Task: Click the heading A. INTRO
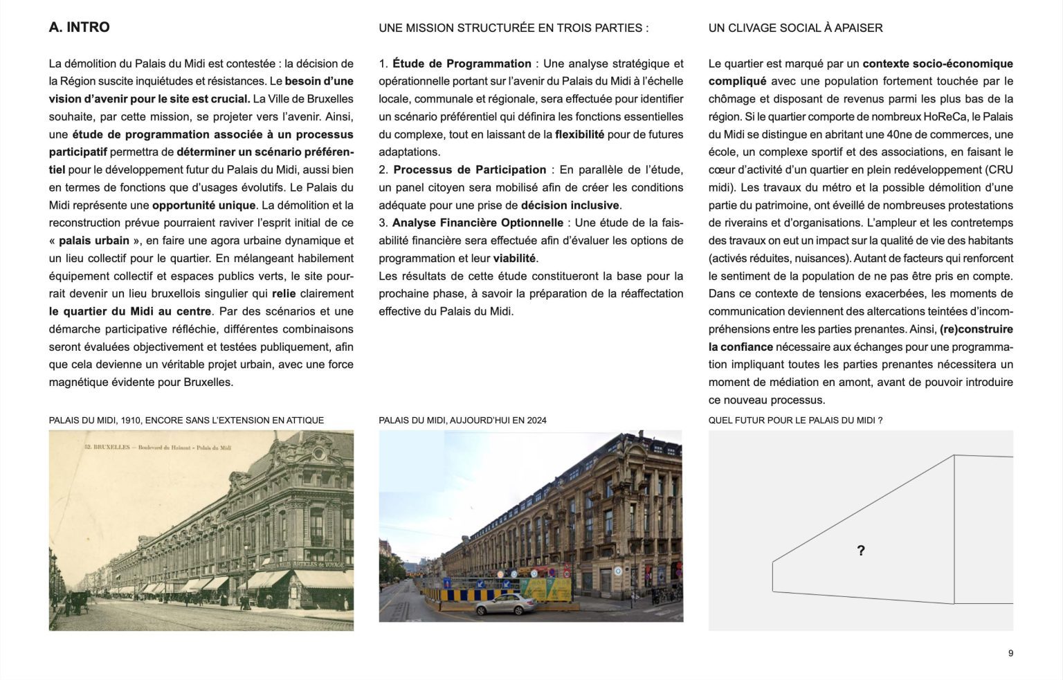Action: coord(79,28)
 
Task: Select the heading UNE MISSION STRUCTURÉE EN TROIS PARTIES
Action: coord(513,28)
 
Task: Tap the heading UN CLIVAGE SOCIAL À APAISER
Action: coord(795,28)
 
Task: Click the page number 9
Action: coord(1010,654)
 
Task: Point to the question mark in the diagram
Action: coord(860,551)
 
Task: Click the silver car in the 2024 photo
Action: coord(505,605)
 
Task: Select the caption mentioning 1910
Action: coord(186,421)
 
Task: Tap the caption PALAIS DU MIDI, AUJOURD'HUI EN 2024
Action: coord(462,421)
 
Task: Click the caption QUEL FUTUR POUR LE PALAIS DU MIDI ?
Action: coord(795,421)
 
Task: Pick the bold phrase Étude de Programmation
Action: coord(462,64)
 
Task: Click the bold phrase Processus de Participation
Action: coord(469,170)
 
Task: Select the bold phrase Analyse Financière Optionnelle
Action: coord(478,223)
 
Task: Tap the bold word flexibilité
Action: coord(579,135)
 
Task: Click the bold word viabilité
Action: coord(514,259)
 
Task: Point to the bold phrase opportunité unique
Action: coord(204,205)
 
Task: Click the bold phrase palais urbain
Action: coord(94,241)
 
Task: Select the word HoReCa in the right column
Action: coord(945,117)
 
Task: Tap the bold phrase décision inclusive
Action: coord(570,205)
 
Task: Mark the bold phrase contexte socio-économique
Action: coord(938,64)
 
